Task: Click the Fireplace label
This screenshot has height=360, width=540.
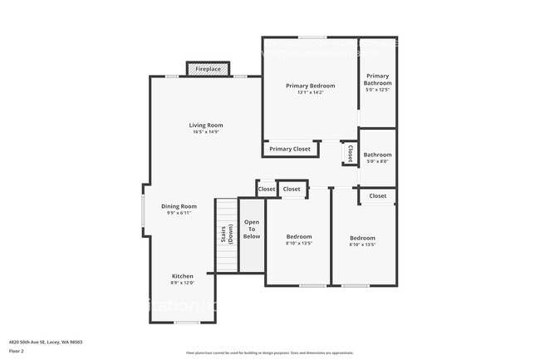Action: click(x=208, y=69)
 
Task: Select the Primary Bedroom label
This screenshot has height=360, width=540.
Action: click(x=310, y=86)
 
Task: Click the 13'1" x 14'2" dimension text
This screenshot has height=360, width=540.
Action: click(x=310, y=92)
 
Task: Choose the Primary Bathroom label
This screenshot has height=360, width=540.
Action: click(x=377, y=79)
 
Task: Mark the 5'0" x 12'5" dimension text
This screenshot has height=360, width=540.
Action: click(x=377, y=90)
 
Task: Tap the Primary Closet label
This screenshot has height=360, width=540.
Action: click(x=290, y=149)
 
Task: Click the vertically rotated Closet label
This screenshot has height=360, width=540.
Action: click(x=350, y=154)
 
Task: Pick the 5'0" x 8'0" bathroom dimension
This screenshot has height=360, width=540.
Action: click(x=377, y=161)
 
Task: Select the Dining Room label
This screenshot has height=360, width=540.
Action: click(x=179, y=206)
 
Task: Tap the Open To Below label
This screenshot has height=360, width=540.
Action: click(x=251, y=229)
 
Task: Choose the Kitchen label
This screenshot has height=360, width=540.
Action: click(x=182, y=276)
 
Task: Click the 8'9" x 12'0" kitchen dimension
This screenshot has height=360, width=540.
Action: click(x=182, y=283)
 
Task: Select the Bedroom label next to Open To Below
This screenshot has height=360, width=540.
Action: click(x=299, y=237)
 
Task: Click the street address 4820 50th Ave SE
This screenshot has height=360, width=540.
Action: click(x=45, y=342)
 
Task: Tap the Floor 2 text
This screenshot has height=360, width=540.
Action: click(x=17, y=351)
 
